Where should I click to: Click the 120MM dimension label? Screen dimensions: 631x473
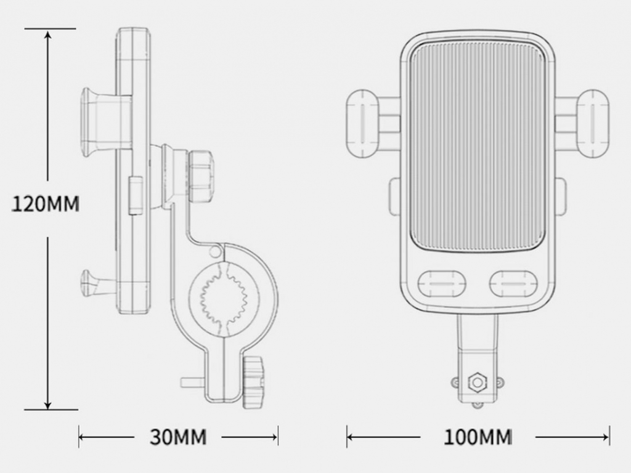point(45,204)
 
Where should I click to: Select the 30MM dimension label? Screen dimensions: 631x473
point(178,437)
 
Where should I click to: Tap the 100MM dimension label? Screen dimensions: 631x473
point(478,437)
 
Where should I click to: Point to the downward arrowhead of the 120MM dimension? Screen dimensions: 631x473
point(48,403)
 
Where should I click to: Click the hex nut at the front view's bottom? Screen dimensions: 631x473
point(478,382)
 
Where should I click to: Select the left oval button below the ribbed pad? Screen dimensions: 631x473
point(442,283)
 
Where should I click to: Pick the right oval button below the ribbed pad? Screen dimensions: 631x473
point(513,283)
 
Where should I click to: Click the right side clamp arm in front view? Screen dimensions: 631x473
point(582,123)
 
